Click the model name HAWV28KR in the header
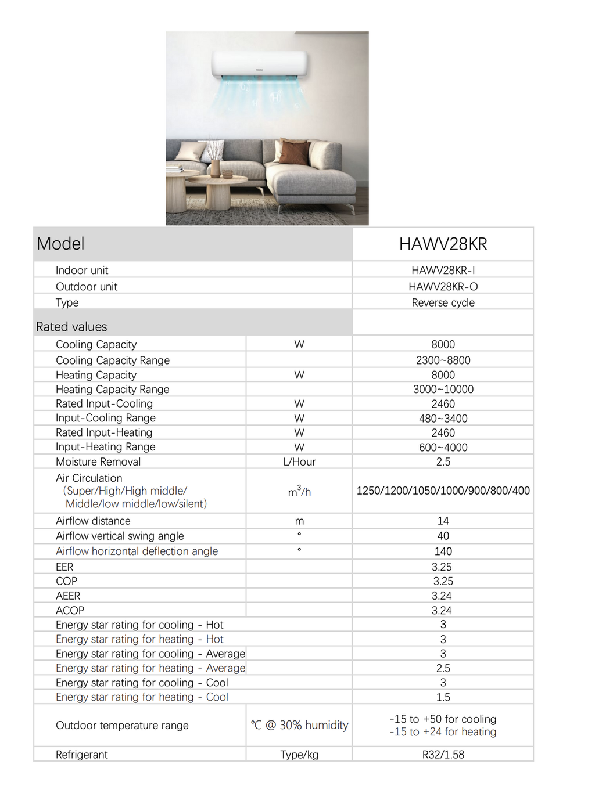tap(443, 244)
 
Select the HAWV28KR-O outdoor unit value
tap(443, 287)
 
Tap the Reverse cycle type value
tap(443, 303)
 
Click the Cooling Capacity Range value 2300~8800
tap(443, 360)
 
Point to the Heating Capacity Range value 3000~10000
tap(443, 390)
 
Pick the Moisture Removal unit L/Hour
tap(299, 462)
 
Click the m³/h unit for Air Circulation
tap(299, 492)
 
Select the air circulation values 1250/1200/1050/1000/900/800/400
tap(443, 491)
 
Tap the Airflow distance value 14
tap(443, 521)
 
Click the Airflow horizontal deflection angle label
tap(137, 551)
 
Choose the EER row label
tap(64, 567)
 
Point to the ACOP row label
tap(70, 611)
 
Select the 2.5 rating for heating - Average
tap(443, 669)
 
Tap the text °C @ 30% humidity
tap(299, 726)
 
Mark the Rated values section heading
tap(71, 327)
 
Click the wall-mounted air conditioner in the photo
tap(259, 64)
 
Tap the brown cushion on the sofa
tap(293, 152)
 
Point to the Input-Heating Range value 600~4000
tap(443, 448)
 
